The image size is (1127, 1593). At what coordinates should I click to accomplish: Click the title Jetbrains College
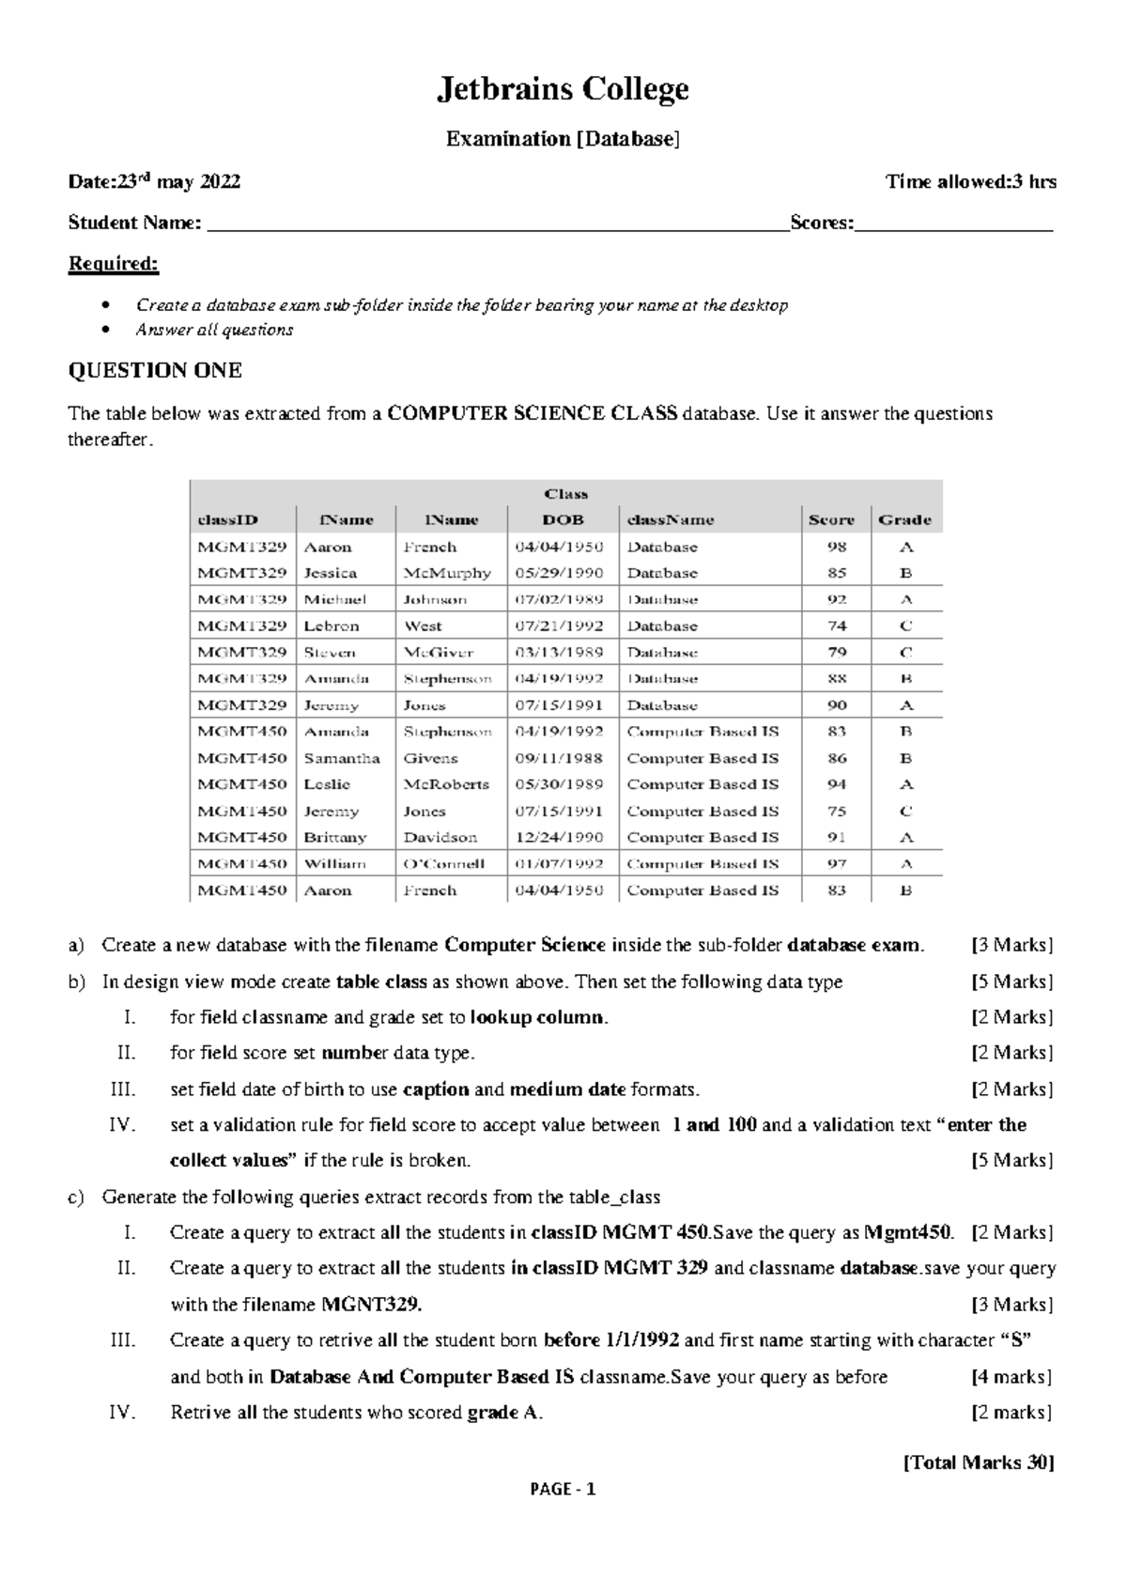[563, 89]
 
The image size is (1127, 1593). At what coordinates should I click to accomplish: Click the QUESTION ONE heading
[155, 370]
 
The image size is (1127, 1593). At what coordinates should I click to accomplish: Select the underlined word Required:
[114, 263]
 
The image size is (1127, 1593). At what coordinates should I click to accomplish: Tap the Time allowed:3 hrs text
[971, 181]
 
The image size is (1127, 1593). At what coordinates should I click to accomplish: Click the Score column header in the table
[831, 519]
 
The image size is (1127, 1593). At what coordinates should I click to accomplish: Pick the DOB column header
[563, 519]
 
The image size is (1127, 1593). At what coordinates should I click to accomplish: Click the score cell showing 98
[837, 547]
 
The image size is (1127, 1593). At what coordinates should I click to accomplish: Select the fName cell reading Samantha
[342, 758]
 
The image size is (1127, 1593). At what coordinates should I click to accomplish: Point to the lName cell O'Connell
[444, 863]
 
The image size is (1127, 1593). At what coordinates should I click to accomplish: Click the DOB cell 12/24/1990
[559, 837]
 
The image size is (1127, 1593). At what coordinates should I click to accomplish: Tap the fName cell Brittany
[335, 837]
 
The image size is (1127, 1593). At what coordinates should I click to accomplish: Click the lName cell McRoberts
[446, 784]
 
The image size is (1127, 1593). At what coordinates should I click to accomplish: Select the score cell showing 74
[837, 626]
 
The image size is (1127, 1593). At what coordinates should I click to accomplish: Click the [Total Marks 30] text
[979, 1462]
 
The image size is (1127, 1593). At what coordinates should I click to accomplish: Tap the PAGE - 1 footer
[563, 1489]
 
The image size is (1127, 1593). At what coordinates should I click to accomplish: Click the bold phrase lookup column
[538, 1017]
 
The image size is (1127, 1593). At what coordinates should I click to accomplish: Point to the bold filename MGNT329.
[372, 1305]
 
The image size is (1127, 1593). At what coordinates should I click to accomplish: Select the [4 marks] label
[1011, 1377]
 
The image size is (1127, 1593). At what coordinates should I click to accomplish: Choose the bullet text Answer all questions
[214, 330]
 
